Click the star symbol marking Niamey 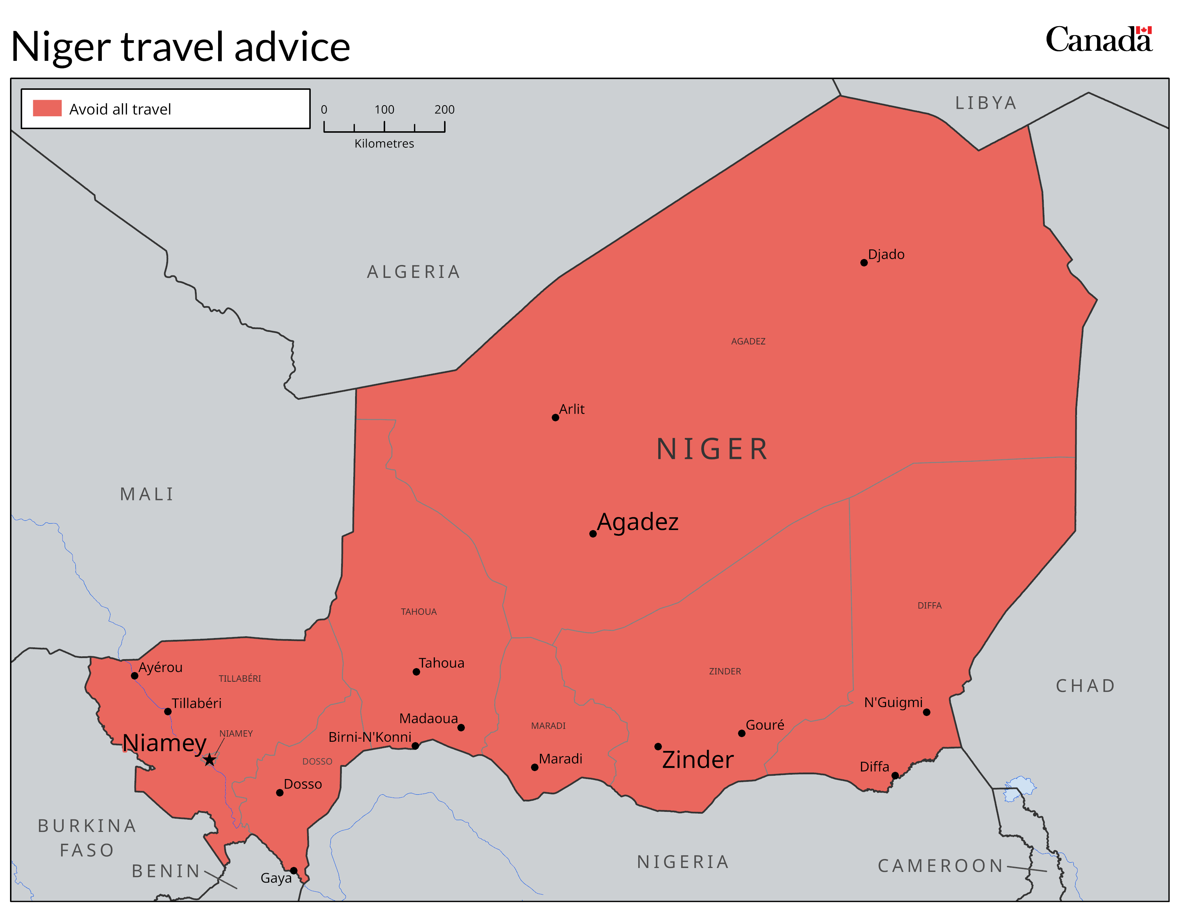(210, 760)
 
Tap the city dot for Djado (864, 263)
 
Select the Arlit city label (572, 409)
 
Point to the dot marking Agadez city (593, 534)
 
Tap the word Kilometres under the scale (384, 144)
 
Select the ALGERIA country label (413, 272)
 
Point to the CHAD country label (1086, 686)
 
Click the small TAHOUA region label (419, 612)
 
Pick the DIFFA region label (929, 605)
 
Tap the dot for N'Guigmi (926, 712)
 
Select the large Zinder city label (698, 760)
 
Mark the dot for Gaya (293, 871)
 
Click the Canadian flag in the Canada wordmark (1144, 30)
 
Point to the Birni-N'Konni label (370, 737)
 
